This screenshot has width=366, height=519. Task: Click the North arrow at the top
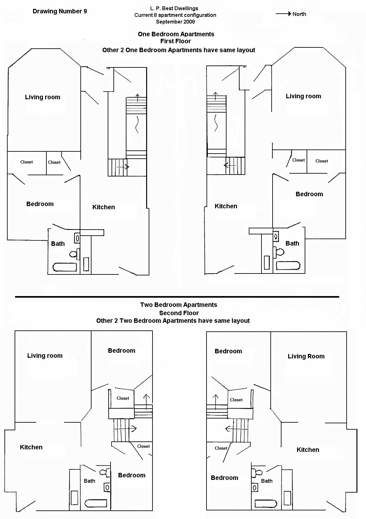coord(283,14)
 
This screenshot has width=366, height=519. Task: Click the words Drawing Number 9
coord(60,11)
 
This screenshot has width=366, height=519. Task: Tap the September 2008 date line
coord(175,22)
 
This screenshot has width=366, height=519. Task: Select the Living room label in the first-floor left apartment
coord(43,97)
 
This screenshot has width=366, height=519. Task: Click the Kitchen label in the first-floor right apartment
coord(226,206)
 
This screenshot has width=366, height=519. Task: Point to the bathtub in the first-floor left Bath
coord(64,267)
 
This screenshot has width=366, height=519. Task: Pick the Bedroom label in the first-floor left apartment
coord(40,204)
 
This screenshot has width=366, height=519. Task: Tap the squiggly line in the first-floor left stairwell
coord(137,125)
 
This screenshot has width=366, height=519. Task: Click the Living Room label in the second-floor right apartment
coord(306,356)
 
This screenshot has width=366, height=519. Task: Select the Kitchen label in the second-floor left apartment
coord(31,447)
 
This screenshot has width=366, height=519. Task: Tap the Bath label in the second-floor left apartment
coord(90,481)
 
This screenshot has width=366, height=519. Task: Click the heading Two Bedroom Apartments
coord(179,305)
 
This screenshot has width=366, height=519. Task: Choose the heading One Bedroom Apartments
coord(176,34)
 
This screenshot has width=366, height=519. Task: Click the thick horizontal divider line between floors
coord(177,297)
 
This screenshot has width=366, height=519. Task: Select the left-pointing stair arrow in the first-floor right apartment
coord(230,165)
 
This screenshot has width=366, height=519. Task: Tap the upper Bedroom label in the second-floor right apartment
coord(228,351)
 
